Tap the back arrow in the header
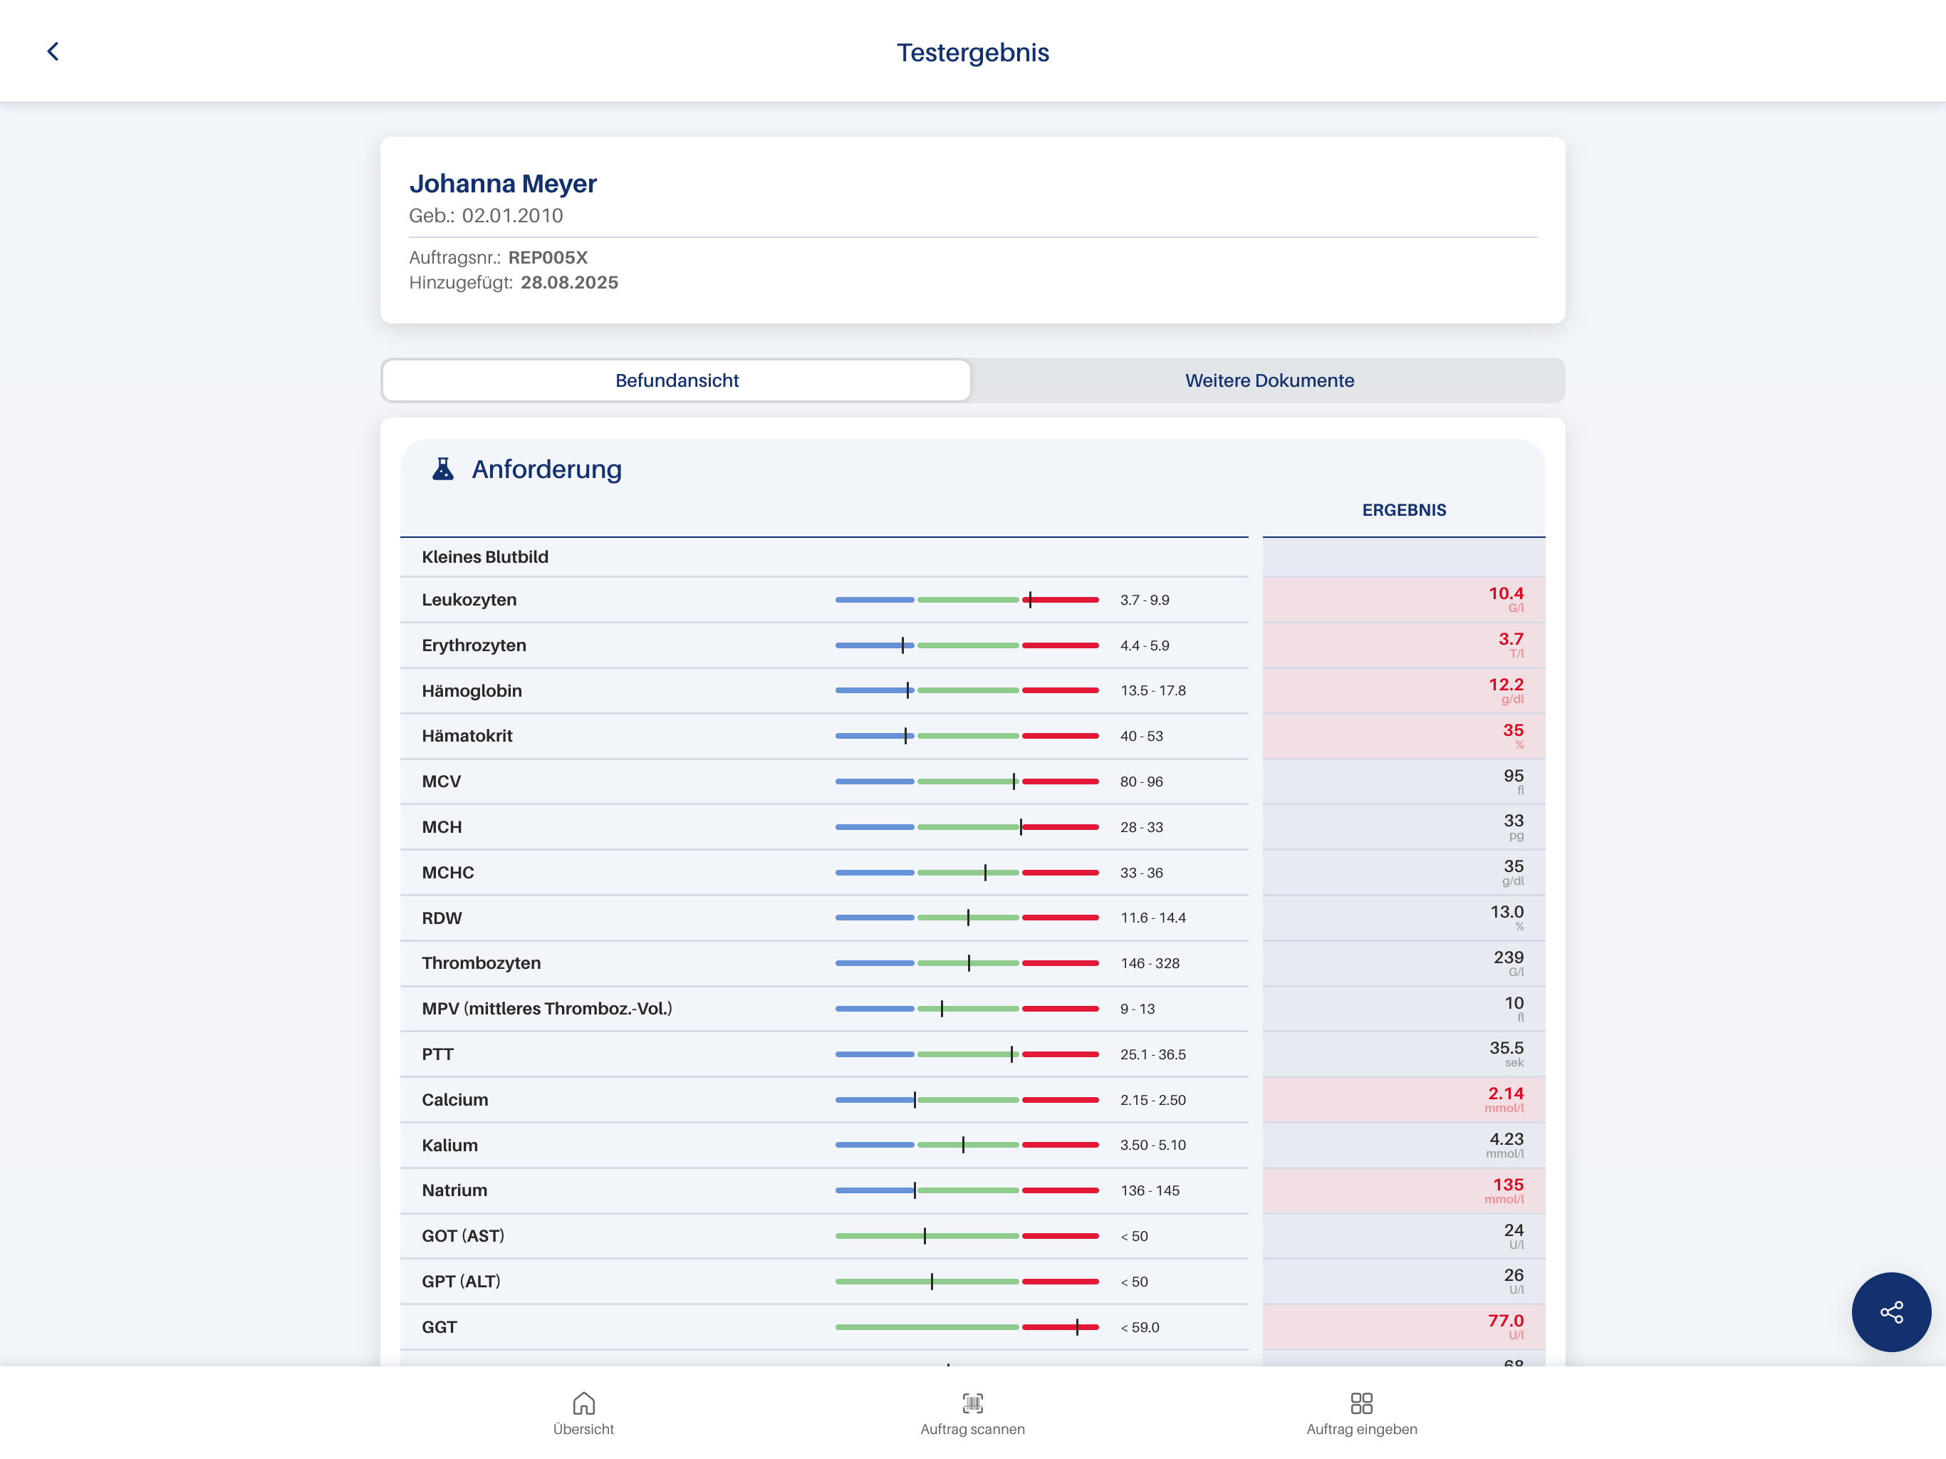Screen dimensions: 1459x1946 tap(53, 52)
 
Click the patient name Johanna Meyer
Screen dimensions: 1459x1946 tap(502, 183)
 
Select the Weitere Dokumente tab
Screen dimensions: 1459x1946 tap(1269, 380)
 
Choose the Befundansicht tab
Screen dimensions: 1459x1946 tap(677, 380)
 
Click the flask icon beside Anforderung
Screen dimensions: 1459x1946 tap(442, 469)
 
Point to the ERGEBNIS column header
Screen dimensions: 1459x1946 tap(1403, 510)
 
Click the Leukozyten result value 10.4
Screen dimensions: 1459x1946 tap(1505, 594)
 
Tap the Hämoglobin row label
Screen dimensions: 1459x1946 tap(472, 691)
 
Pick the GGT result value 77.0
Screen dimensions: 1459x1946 tap(1505, 1321)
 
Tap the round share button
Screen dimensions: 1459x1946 tap(1890, 1312)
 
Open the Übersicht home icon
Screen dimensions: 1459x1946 tap(583, 1403)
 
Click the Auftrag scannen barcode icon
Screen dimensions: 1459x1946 tap(972, 1403)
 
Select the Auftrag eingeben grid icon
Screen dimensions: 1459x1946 tap(1361, 1403)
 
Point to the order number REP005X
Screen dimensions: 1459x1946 tap(547, 258)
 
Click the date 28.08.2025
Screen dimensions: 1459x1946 tap(569, 283)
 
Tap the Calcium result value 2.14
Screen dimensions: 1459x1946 tap(1505, 1094)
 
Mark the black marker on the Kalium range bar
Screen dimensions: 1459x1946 tap(963, 1145)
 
